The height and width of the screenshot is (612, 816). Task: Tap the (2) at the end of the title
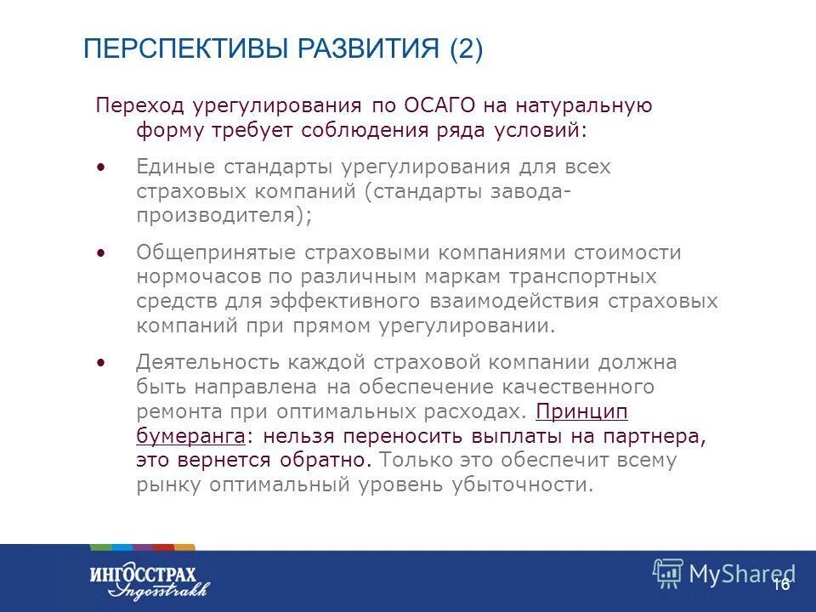466,49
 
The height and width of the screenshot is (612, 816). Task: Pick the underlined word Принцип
582,411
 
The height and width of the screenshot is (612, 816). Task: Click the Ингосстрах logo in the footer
149,580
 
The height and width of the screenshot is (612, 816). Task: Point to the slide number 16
781,584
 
